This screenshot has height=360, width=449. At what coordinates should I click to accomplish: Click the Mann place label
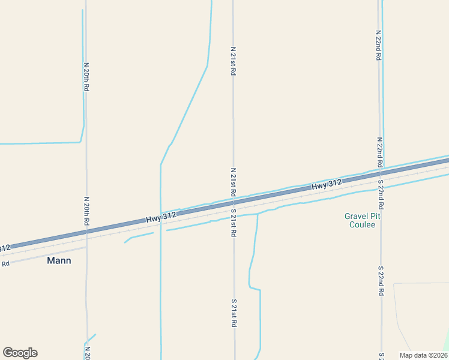coord(59,260)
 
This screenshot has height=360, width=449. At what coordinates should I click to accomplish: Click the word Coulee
coord(362,225)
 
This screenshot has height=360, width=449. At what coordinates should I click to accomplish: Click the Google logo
coord(20,353)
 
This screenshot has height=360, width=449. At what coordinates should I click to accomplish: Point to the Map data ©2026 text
coord(423,355)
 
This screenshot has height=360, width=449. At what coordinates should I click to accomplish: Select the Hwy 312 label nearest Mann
coord(161,218)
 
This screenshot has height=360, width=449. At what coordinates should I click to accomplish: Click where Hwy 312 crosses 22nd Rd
coord(381,174)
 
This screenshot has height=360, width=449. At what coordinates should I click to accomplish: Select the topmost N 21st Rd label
coord(233,61)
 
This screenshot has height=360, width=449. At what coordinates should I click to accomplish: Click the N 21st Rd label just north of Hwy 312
coord(233,182)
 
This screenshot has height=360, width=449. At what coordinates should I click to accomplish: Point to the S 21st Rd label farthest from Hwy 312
coord(234,313)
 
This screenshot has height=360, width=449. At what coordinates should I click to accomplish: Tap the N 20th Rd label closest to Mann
coord(86,211)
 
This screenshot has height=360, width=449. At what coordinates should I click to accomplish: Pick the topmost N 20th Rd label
coord(86,76)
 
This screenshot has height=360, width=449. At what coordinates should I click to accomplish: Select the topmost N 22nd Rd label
coord(379,45)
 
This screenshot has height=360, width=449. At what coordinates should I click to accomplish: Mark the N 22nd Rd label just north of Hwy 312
coord(379,152)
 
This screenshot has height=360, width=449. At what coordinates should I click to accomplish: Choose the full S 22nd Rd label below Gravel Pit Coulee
coord(381,281)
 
